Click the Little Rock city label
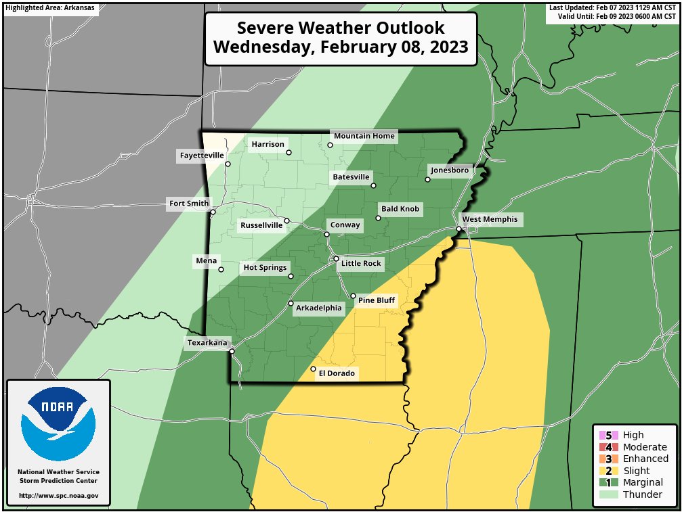click(361, 263)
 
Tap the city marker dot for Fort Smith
click(213, 212)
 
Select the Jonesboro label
click(449, 170)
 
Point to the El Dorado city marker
click(313, 369)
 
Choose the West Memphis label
click(489, 219)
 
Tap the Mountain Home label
click(364, 136)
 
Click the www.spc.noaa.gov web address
click(58, 496)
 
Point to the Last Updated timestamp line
click(612, 7)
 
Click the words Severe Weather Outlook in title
click(341, 28)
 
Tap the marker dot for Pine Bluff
click(353, 296)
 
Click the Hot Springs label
click(265, 268)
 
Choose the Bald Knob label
click(400, 210)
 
